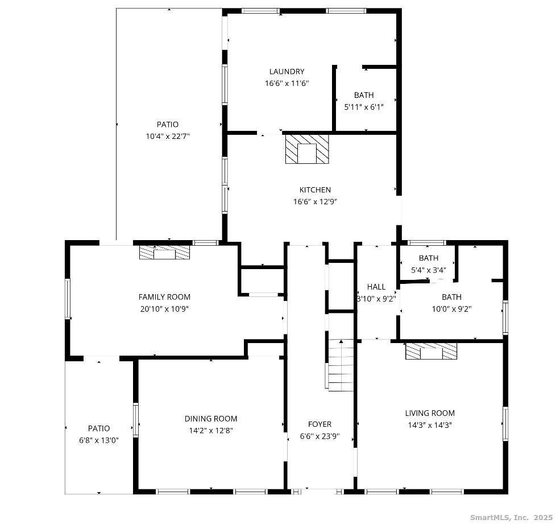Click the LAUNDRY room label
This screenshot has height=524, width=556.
click(x=287, y=72)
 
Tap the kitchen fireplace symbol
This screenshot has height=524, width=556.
click(x=307, y=149)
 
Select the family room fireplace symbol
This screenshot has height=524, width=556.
click(x=165, y=253)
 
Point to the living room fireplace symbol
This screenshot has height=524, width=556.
click(x=431, y=351)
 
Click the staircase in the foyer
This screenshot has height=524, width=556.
click(x=341, y=365)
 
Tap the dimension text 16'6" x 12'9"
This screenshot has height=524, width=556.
click(x=315, y=201)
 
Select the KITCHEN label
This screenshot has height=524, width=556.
click(x=315, y=190)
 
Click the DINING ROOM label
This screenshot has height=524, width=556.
click(x=211, y=419)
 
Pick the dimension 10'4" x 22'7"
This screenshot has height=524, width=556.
click(x=168, y=136)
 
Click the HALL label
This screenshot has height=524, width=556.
click(x=376, y=287)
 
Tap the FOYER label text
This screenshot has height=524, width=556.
click(x=320, y=424)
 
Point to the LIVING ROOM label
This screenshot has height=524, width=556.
click(x=430, y=413)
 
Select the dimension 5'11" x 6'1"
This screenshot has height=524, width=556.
click(x=364, y=106)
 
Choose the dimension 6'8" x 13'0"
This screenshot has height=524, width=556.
click(x=99, y=440)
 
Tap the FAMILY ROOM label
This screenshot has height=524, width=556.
click(x=164, y=297)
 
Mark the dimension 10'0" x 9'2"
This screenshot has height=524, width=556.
click(x=451, y=309)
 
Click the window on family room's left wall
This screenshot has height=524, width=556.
click(x=68, y=299)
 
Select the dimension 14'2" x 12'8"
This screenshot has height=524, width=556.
click(x=211, y=431)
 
